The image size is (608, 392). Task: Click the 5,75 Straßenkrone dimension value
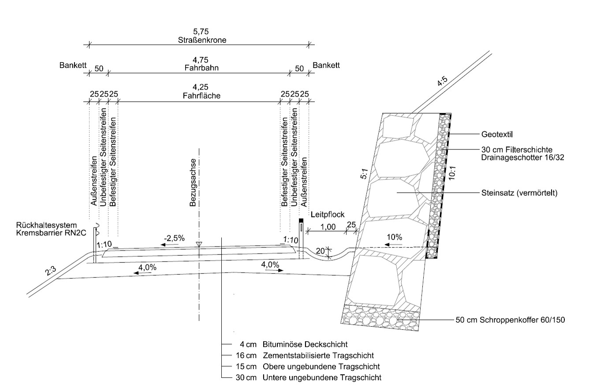click(x=201, y=32)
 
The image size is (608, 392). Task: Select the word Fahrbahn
click(x=201, y=68)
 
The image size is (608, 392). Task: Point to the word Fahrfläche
click(x=201, y=95)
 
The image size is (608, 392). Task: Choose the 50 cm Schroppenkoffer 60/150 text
click(x=510, y=320)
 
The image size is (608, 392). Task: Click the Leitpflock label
click(x=327, y=215)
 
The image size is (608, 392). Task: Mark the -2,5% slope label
click(x=174, y=238)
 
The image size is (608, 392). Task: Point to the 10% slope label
click(x=394, y=237)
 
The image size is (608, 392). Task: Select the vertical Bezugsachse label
click(x=193, y=182)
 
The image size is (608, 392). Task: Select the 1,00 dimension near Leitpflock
click(x=328, y=227)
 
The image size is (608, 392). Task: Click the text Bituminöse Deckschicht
click(x=305, y=344)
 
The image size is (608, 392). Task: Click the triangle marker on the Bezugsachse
click(x=199, y=244)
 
